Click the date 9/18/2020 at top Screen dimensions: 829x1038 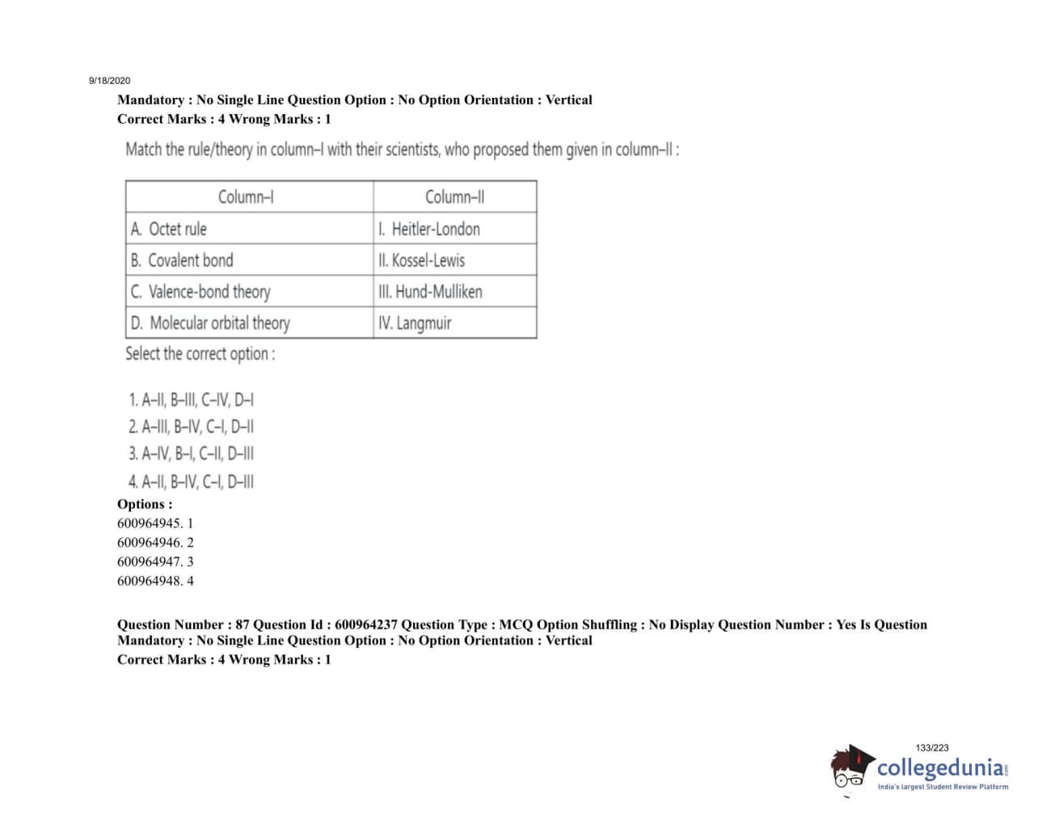click(109, 81)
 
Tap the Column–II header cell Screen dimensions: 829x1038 click(454, 197)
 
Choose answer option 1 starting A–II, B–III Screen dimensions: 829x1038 click(191, 400)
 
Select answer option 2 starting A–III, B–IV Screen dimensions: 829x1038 click(191, 427)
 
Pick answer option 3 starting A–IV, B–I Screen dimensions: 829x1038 click(191, 454)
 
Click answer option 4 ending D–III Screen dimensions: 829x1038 click(191, 482)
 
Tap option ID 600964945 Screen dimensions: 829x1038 click(155, 523)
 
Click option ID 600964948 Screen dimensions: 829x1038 click(155, 581)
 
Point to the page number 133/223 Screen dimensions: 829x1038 click(932, 748)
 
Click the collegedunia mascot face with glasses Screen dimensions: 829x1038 click(850, 768)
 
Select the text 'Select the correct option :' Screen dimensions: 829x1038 click(200, 354)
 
